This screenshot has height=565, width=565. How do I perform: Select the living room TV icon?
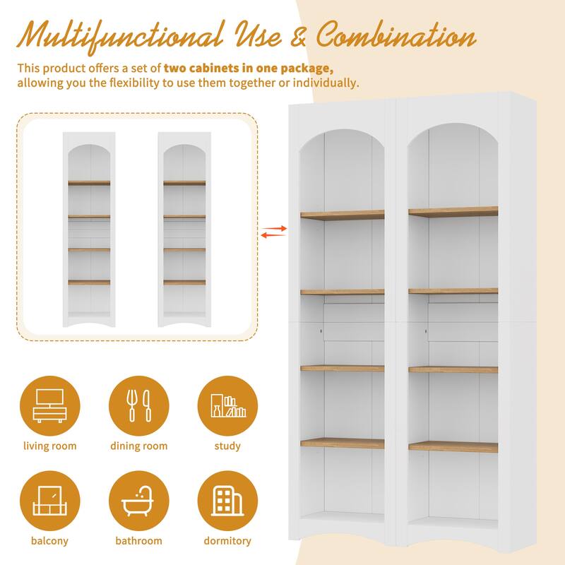[49, 406]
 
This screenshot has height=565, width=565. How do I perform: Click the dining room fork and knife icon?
[138, 406]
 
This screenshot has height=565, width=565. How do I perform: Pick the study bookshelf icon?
[227, 406]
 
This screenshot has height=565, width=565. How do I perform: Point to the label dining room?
[138, 446]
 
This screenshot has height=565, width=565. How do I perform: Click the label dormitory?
[227, 541]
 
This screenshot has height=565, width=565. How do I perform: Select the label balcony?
[49, 541]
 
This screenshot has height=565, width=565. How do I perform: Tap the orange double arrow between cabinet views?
[273, 231]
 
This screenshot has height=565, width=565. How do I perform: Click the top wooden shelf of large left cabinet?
[343, 215]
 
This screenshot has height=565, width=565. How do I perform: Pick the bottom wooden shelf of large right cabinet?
[453, 446]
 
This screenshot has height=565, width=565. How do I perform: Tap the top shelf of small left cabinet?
[89, 183]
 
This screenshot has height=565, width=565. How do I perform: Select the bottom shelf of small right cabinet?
[184, 282]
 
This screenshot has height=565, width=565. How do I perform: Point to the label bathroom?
[138, 541]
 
